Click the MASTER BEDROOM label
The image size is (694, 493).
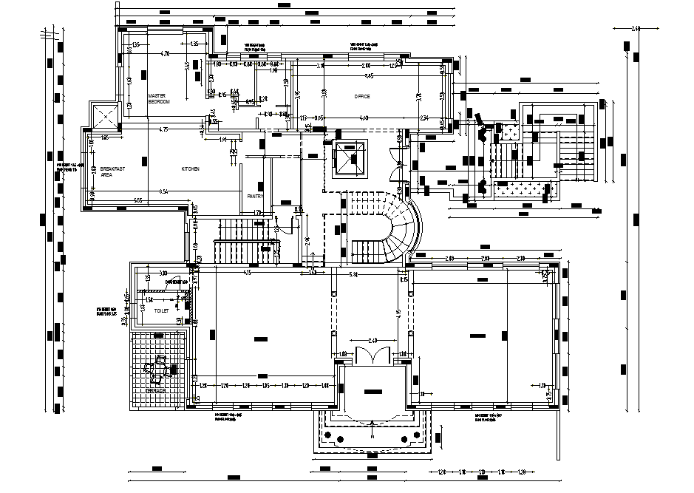coord(158,99)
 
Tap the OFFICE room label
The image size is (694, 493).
coord(361,96)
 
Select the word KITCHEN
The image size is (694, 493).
coord(191,169)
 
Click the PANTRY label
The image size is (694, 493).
coord(255,196)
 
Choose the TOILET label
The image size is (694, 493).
coord(161,311)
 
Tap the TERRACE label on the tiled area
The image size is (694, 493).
coord(155,390)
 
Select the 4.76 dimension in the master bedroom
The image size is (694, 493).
coord(166,53)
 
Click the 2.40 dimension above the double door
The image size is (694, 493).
coord(372,340)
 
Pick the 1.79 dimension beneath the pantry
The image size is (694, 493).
coord(258,213)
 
